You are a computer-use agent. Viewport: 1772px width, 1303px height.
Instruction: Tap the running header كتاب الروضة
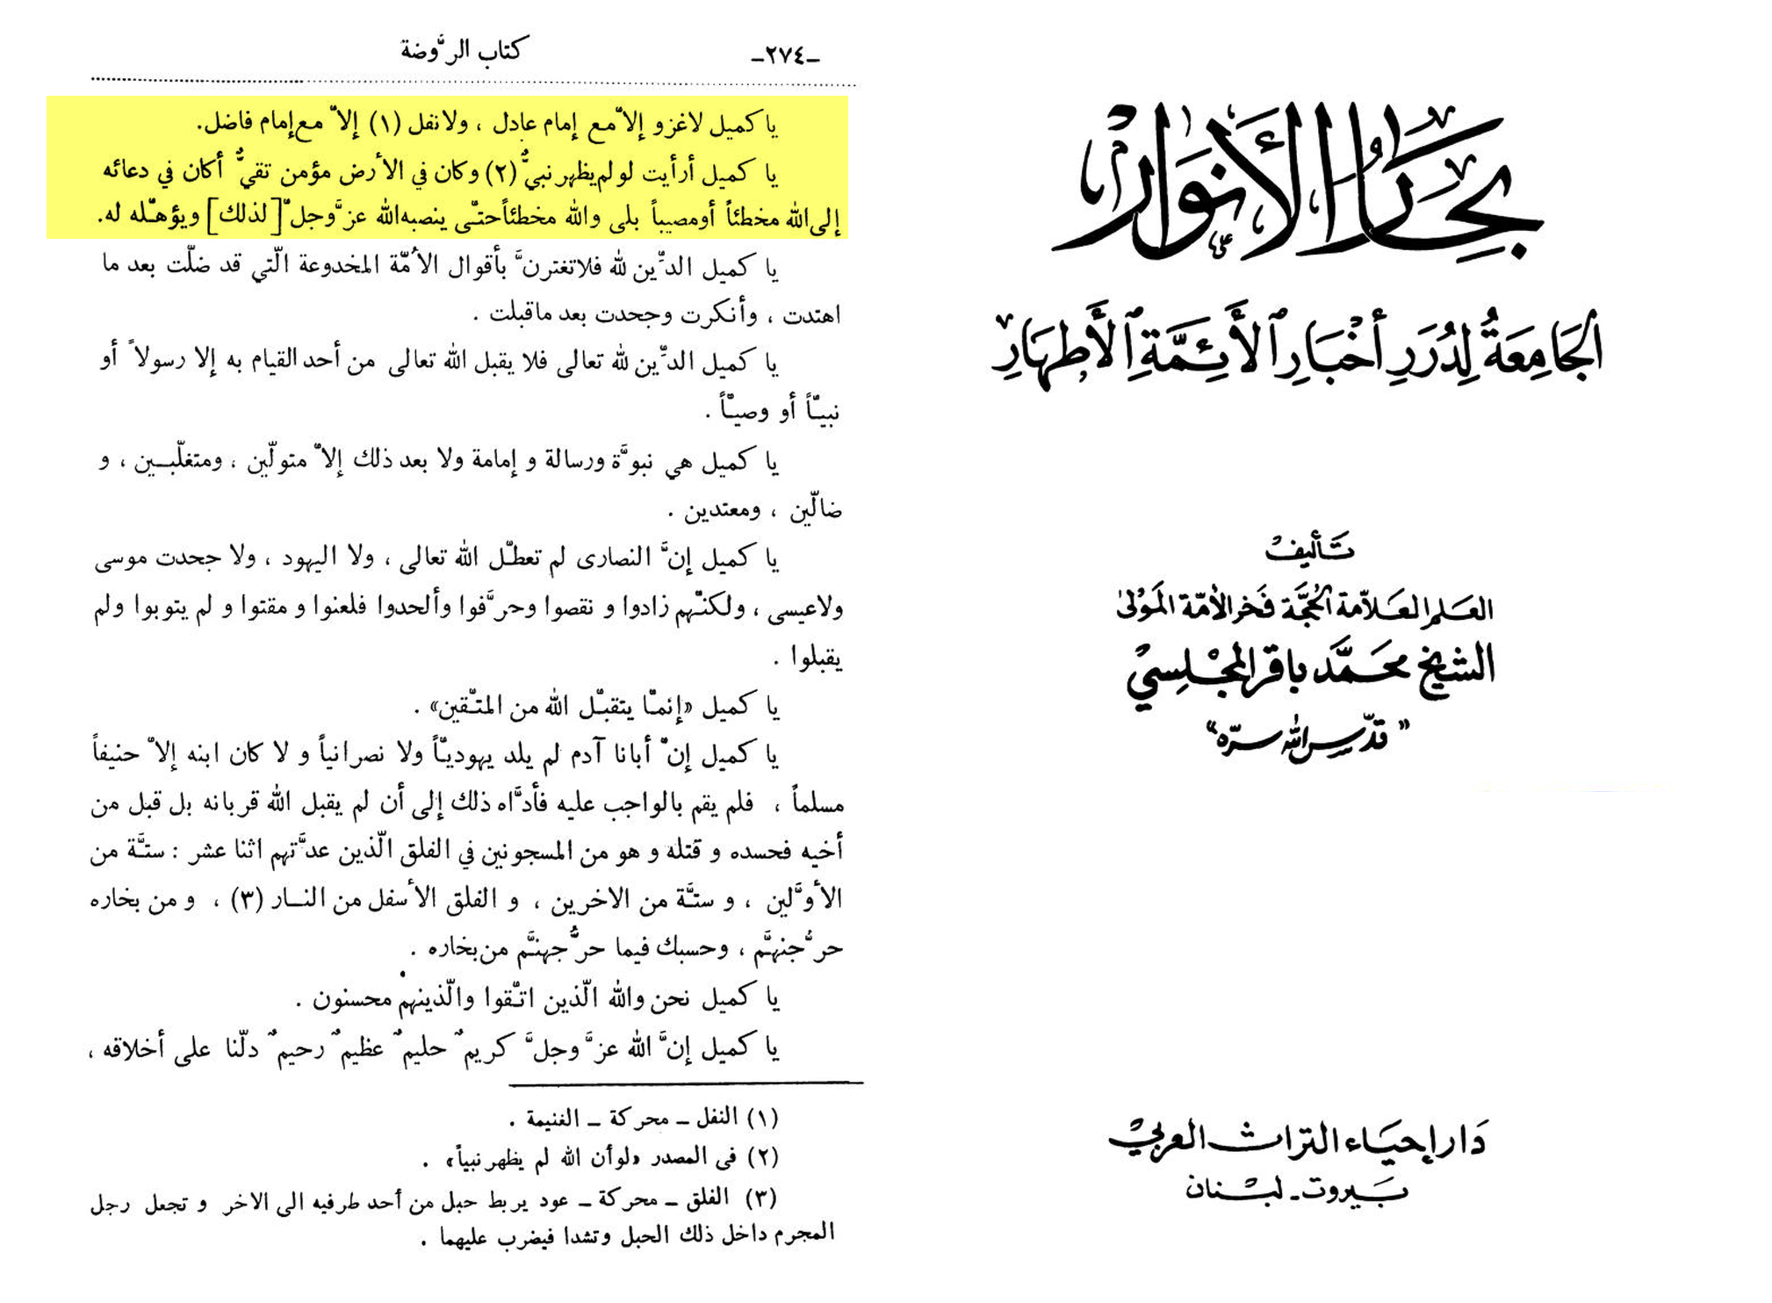tap(461, 51)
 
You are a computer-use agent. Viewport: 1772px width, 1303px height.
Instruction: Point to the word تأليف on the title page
tap(1309, 549)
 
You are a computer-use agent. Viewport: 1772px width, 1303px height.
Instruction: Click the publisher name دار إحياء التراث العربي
tap(1298, 1140)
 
